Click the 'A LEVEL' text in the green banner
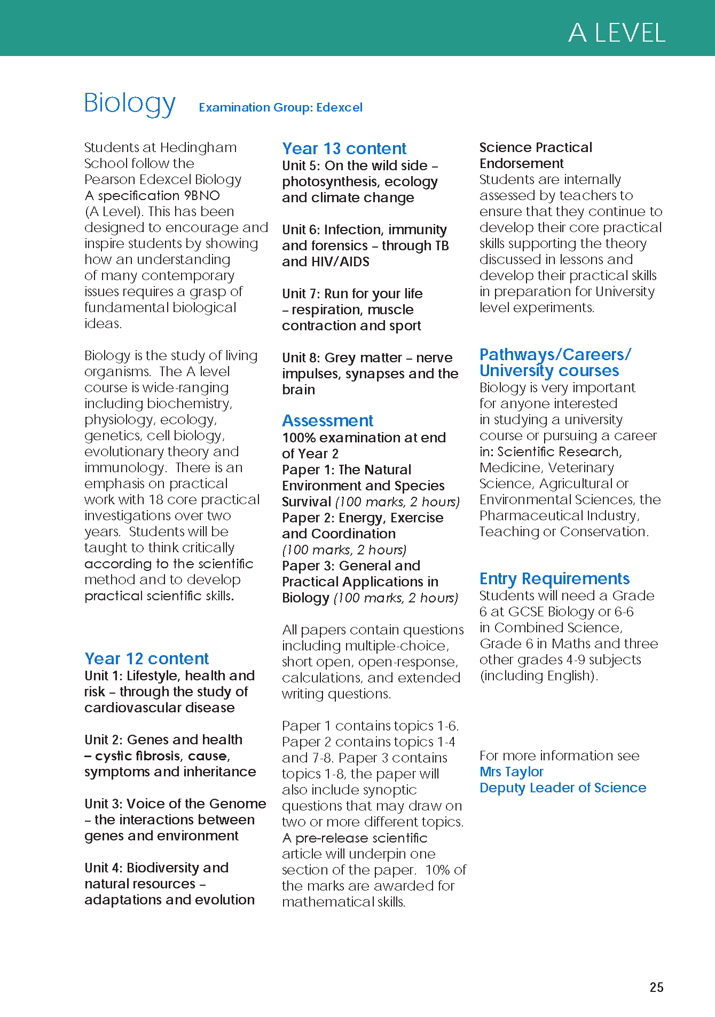tap(616, 33)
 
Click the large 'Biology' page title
tap(130, 103)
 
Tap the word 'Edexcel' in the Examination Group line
tap(339, 107)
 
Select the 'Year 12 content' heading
tap(146, 658)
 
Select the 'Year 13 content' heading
tap(344, 148)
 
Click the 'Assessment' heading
tap(327, 420)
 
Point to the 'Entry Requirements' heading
tap(554, 578)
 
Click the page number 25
tap(656, 987)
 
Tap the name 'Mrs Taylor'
tap(511, 772)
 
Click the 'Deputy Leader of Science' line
tap(562, 788)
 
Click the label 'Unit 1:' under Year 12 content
tap(104, 676)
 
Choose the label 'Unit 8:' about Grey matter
tap(301, 357)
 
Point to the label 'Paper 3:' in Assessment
tap(308, 566)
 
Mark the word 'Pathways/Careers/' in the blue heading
tap(555, 354)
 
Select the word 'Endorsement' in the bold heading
tap(521, 163)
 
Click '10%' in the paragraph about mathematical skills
tap(438, 870)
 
